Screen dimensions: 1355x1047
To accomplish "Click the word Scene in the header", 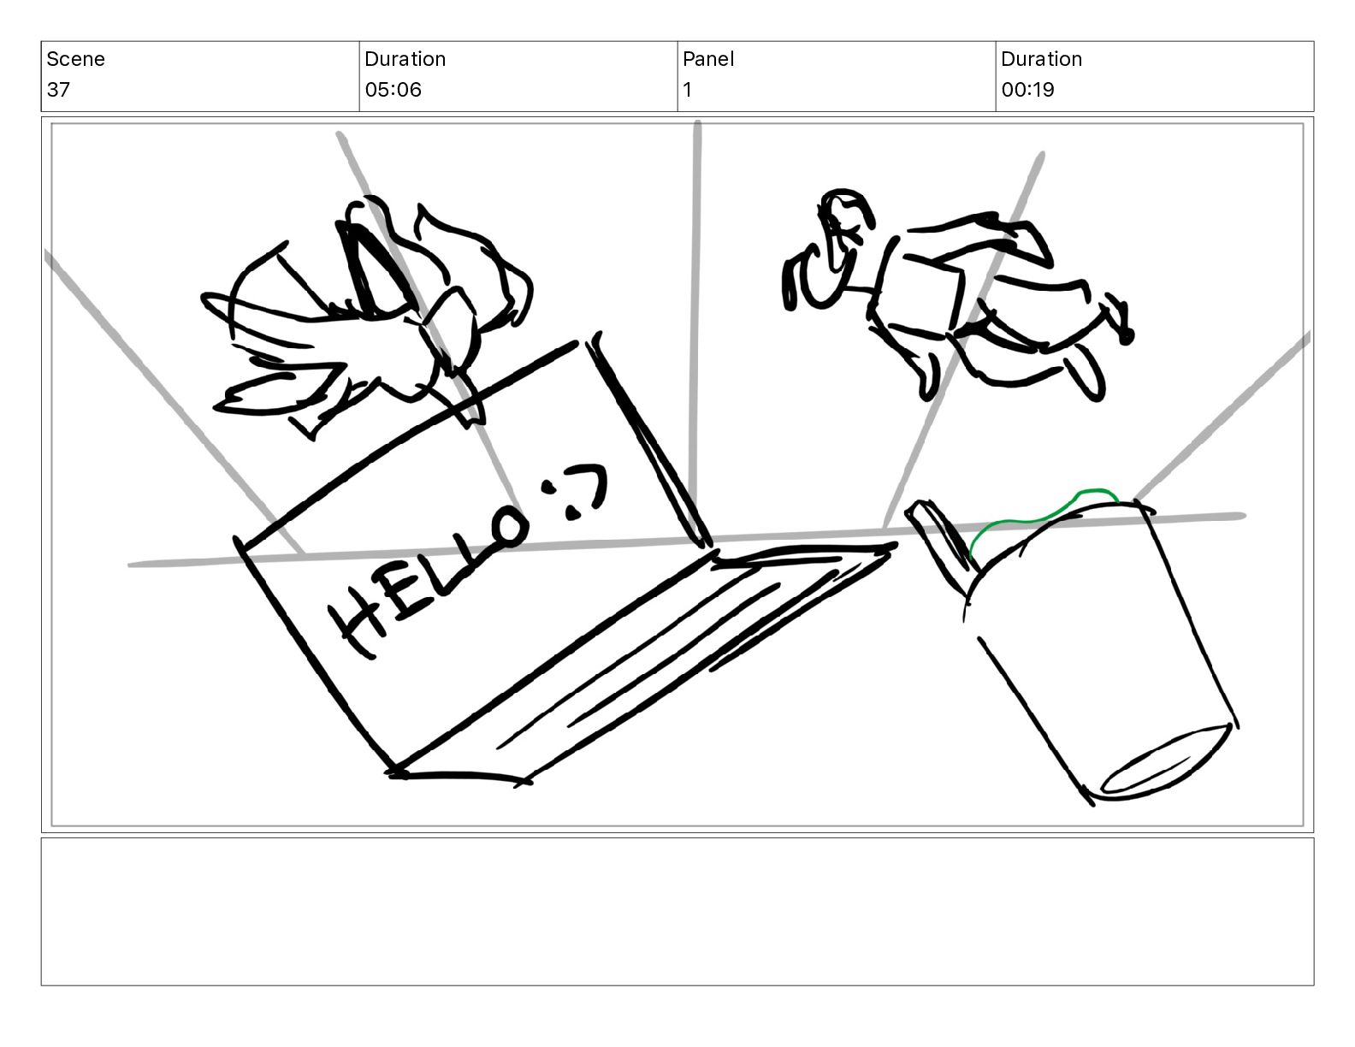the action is (75, 59).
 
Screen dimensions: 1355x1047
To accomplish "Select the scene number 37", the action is (58, 90).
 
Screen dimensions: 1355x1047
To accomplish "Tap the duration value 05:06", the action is (393, 90).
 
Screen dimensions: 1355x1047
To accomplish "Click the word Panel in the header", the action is (707, 59).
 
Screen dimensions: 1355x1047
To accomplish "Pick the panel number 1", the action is (687, 90).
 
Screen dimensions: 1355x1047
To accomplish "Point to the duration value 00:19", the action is (1027, 90).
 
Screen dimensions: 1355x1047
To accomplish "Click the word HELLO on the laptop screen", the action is (428, 579).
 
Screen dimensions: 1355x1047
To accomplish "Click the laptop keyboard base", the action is (642, 661).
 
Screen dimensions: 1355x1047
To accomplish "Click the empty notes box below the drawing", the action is (677, 911).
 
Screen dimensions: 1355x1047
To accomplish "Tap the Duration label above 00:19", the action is (1041, 59).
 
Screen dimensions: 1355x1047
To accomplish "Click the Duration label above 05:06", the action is (405, 59).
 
